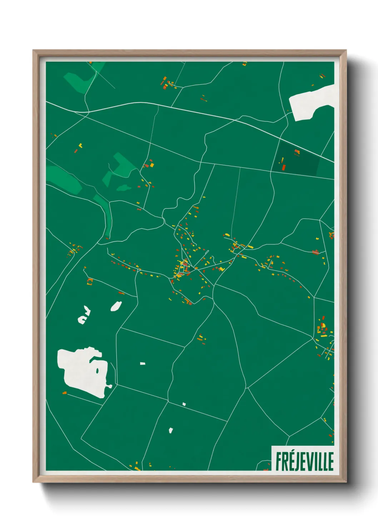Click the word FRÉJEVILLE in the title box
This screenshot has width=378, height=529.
(304, 461)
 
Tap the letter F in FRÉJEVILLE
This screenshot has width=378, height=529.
(278, 462)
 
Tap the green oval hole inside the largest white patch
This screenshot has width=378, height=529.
(97, 371)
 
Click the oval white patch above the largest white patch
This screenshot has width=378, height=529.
(116, 306)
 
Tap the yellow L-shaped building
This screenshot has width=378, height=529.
(80, 145)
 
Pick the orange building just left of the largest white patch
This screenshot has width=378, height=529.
(65, 393)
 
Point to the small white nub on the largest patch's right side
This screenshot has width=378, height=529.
(110, 386)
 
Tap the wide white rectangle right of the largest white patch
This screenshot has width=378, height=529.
(143, 364)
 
